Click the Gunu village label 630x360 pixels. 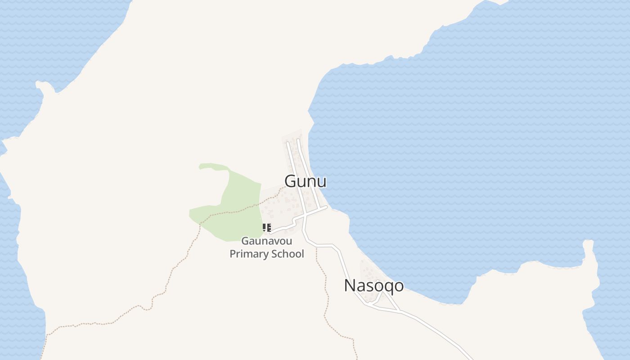click(x=306, y=181)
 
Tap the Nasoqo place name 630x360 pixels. click(x=373, y=286)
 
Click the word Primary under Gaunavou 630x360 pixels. click(x=249, y=254)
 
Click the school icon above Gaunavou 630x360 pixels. click(x=266, y=228)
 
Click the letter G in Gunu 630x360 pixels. click(x=291, y=181)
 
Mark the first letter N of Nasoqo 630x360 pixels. click(x=350, y=286)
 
